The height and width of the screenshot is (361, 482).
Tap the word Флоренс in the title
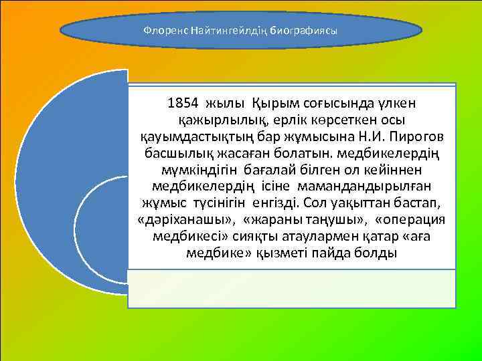[166, 31]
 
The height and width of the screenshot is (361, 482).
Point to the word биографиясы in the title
[299, 31]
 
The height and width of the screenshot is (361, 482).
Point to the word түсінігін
[223, 204]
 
